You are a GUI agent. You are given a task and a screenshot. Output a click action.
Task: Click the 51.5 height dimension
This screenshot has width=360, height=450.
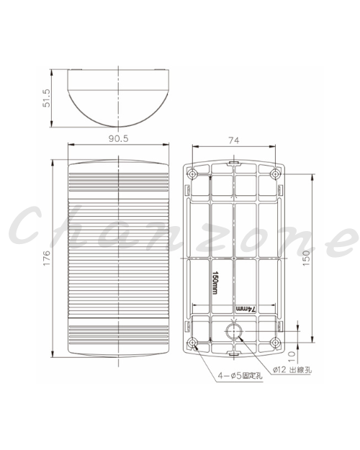pos(46,98)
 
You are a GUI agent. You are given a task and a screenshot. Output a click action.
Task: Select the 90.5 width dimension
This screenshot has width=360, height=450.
pos(119,139)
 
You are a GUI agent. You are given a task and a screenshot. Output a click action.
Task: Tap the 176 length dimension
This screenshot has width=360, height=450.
pos(47,258)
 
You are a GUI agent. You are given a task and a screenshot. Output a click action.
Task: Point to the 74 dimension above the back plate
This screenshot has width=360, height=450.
pos(234,140)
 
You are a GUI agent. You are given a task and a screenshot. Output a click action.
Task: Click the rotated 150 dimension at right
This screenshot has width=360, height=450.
pos(306,258)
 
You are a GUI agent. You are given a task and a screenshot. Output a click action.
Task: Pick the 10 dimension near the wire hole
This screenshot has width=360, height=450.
pos(292,358)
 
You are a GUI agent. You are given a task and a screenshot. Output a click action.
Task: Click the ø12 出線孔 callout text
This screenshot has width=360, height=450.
pos(292,369)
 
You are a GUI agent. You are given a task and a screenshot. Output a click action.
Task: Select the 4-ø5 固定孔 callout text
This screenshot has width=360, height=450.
pos(240,375)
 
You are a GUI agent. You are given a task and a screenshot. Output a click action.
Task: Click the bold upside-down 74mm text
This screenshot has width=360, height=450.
pos(246,309)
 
